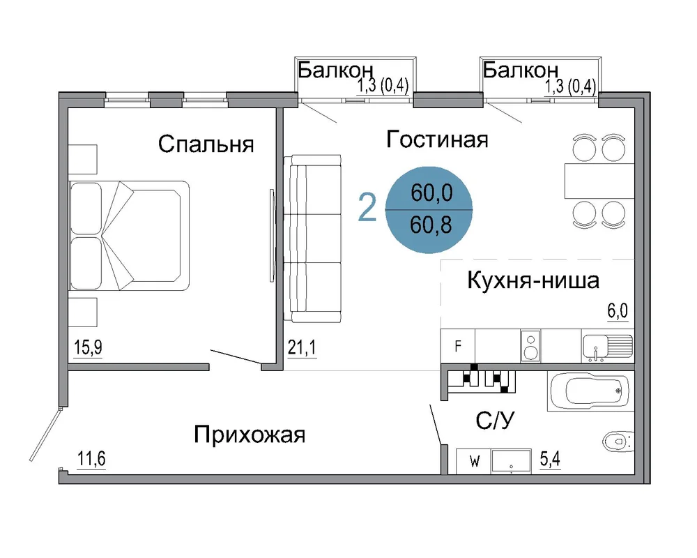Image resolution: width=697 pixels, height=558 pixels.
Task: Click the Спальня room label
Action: coord(206,144)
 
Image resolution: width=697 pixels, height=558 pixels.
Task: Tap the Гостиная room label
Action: coord(437,139)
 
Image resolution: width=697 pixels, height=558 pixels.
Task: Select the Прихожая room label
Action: coord(250,435)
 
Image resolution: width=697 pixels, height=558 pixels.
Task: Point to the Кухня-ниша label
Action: coord(533,280)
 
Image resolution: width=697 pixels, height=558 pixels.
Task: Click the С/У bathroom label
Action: coord(495,420)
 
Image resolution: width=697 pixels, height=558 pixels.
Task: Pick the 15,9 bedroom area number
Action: coord(88,347)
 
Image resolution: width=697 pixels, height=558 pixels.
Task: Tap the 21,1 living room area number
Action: coord(302,347)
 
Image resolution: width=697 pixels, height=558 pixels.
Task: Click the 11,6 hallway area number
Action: coord(91,458)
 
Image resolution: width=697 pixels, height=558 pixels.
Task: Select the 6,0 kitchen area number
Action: coord(618,310)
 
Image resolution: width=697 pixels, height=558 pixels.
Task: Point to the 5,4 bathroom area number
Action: coord(551,458)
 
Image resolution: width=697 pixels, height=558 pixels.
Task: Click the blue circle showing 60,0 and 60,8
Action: coord(429,210)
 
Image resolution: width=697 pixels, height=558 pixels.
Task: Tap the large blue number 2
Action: coord(367,208)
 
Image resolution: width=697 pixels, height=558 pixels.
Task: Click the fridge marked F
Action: coord(458,346)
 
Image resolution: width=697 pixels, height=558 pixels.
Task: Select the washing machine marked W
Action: coord(474,462)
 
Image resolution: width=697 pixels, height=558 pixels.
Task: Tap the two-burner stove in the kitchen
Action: coord(530,346)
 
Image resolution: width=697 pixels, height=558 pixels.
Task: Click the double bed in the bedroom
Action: coord(129,236)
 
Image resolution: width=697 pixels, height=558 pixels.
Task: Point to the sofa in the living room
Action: coord(313,239)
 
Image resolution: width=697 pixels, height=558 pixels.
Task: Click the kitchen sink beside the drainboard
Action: coord(595,346)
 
